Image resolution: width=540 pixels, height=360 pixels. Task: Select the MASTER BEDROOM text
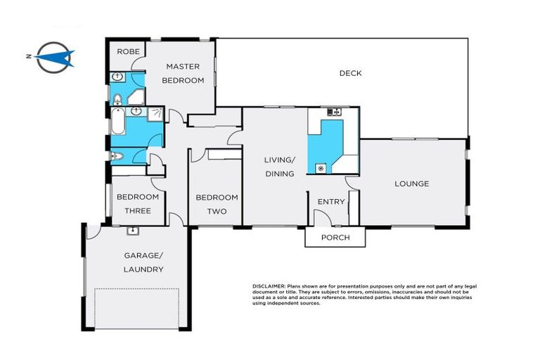pyautogui.click(x=183, y=73)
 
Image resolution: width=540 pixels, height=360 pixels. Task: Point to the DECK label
pyautogui.click(x=350, y=73)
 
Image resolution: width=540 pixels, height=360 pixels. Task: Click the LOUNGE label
pyautogui.click(x=411, y=184)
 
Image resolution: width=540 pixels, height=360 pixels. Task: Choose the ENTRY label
pyautogui.click(x=331, y=202)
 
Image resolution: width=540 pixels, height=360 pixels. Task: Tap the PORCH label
pyautogui.click(x=335, y=238)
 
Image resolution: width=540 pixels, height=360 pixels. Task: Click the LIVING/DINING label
pyautogui.click(x=279, y=167)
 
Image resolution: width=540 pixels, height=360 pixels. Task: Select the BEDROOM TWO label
pyautogui.click(x=217, y=204)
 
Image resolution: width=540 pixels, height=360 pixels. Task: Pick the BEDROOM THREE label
pyautogui.click(x=137, y=203)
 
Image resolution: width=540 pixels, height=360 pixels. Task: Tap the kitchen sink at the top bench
pyautogui.click(x=333, y=112)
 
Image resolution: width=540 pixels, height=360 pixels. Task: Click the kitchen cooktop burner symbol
pyautogui.click(x=322, y=168)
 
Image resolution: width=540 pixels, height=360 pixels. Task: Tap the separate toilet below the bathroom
pyautogui.click(x=117, y=156)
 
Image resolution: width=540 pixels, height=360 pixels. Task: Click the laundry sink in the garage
pyautogui.click(x=131, y=231)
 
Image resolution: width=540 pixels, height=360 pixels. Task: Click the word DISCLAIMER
pyautogui.click(x=269, y=287)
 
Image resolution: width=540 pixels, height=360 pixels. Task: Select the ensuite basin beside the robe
pyautogui.click(x=117, y=76)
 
